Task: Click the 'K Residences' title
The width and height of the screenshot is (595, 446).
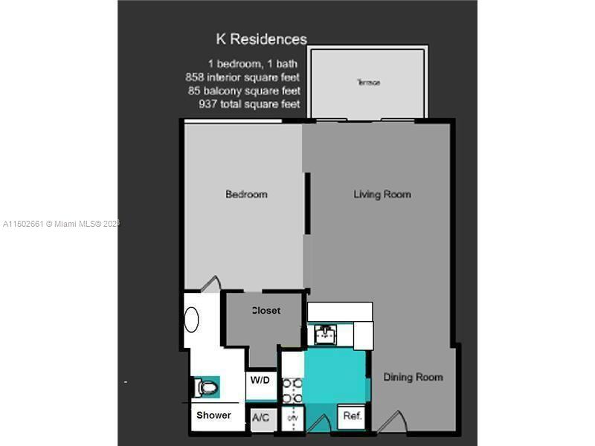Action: (261, 39)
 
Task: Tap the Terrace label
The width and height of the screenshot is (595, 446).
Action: (368, 83)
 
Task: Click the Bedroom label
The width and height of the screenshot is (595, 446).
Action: (246, 195)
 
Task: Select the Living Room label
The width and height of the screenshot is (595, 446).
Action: (382, 195)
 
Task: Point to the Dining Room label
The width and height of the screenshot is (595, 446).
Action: (413, 377)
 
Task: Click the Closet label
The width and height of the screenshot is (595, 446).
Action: (266, 310)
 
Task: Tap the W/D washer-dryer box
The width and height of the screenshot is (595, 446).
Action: (260, 381)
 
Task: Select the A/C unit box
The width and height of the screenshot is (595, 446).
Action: (261, 418)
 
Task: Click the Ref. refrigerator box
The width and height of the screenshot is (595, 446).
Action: (353, 416)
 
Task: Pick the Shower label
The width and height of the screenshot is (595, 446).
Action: (213, 415)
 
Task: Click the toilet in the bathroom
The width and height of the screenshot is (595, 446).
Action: (206, 387)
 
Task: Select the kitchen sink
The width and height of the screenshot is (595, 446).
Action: (325, 334)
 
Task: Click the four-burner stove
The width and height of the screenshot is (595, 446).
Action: (291, 390)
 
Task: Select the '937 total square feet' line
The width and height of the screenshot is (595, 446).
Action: (249, 104)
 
